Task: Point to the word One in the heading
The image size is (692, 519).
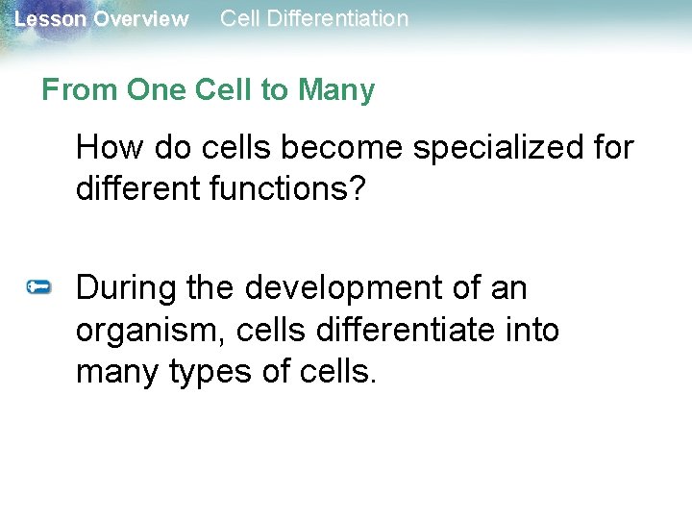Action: click(x=156, y=90)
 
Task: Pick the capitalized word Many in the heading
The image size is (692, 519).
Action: click(x=336, y=90)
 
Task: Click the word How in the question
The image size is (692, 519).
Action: click(x=105, y=148)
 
